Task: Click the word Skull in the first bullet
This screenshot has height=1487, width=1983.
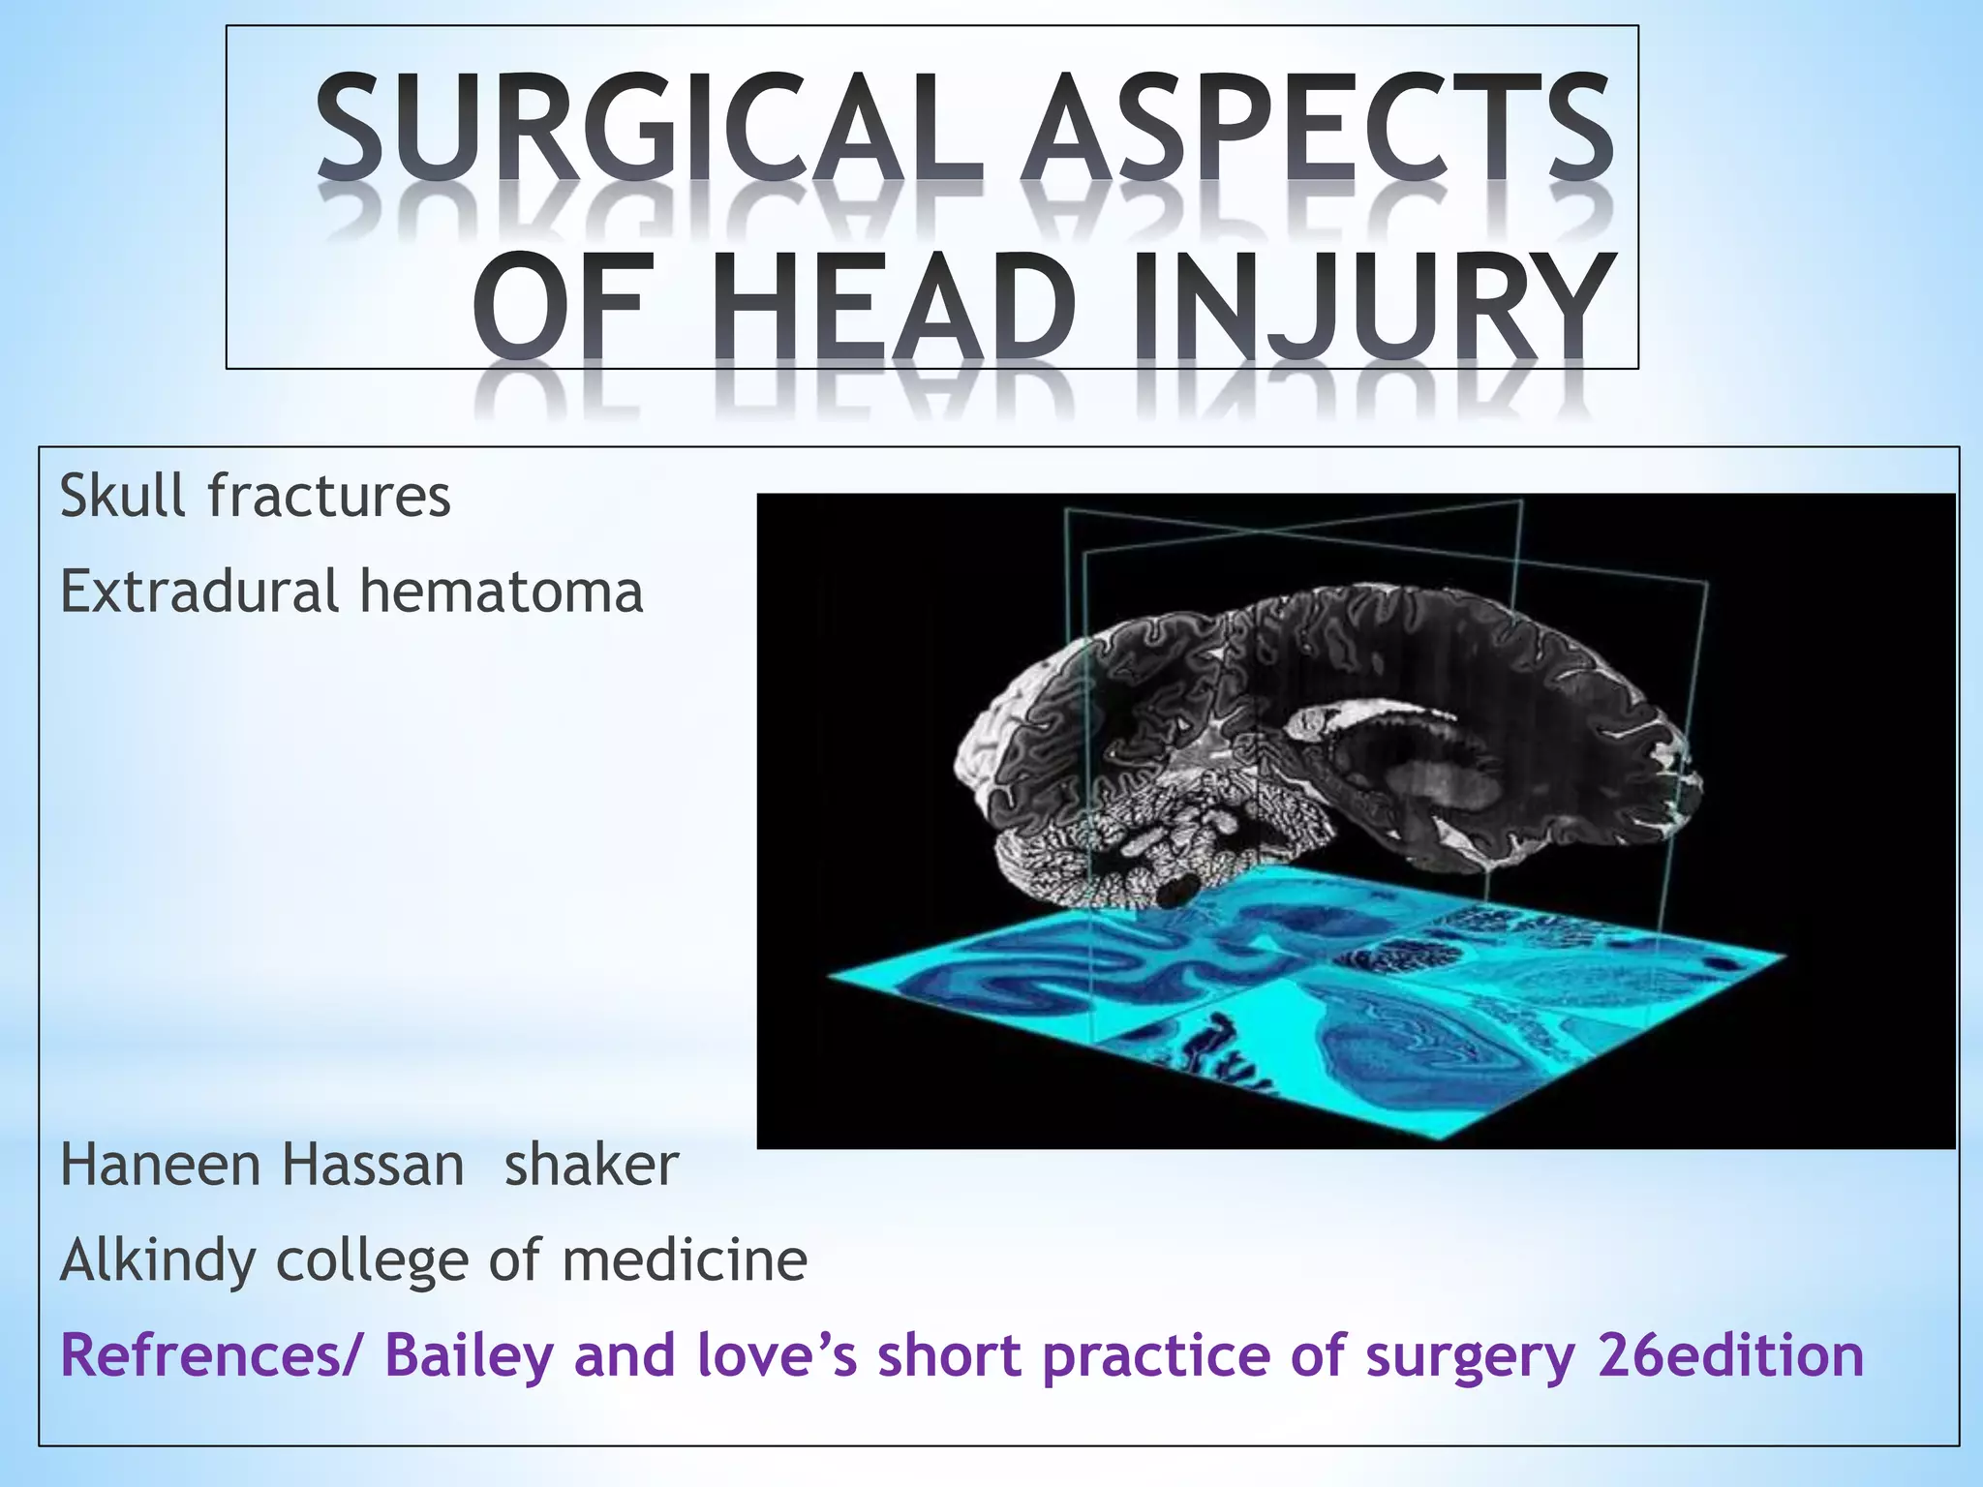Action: point(122,497)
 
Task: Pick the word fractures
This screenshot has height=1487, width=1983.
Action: point(329,497)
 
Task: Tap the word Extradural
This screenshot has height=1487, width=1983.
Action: point(198,592)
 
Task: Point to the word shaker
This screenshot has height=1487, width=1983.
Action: point(591,1165)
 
